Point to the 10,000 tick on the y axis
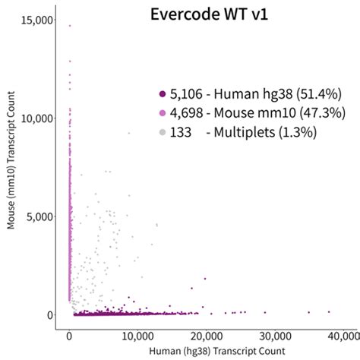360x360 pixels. (x=36, y=118)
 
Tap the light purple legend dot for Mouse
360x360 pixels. (x=162, y=113)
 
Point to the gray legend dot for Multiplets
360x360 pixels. (x=162, y=132)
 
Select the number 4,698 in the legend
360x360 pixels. (x=185, y=113)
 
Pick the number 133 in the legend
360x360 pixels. (x=181, y=132)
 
